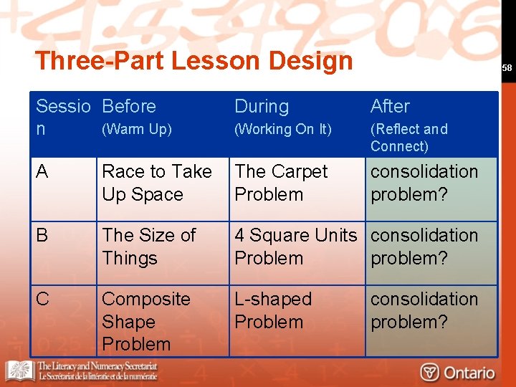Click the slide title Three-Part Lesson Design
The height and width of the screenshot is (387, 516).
193,60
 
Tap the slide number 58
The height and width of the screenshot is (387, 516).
507,67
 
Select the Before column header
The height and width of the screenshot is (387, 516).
129,106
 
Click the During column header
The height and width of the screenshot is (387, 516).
262,106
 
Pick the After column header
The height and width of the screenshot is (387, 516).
390,106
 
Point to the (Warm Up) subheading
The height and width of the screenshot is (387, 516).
137,130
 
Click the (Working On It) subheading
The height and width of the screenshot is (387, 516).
283,130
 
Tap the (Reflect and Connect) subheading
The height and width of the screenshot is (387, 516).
408,138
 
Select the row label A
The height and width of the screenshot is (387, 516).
42,172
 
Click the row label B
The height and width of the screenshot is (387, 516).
42,235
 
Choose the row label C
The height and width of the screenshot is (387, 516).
42,299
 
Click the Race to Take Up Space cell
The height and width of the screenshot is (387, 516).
157,183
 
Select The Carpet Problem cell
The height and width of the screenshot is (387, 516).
281,183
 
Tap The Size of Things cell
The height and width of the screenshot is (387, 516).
148,247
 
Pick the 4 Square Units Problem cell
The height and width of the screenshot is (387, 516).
295,247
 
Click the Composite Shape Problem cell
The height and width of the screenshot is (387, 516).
146,321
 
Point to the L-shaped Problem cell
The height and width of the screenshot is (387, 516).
273,310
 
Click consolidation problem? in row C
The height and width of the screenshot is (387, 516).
424,310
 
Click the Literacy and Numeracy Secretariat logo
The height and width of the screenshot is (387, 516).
82,371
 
